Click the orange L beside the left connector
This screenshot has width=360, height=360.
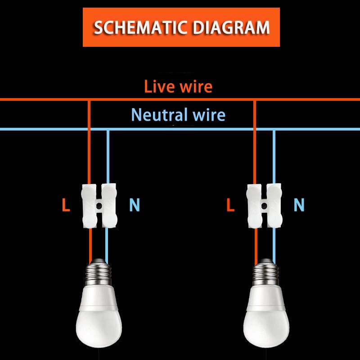click(x=66, y=206)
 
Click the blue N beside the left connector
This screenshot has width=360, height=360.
click(x=135, y=206)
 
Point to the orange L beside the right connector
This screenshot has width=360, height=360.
click(x=231, y=206)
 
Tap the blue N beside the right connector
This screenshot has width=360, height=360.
click(x=299, y=206)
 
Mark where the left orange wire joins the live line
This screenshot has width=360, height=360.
click(x=89, y=100)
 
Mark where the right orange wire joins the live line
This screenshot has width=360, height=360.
click(x=255, y=100)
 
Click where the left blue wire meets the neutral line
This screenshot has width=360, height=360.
click(x=107, y=130)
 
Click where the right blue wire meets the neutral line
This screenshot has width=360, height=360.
click(x=274, y=130)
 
